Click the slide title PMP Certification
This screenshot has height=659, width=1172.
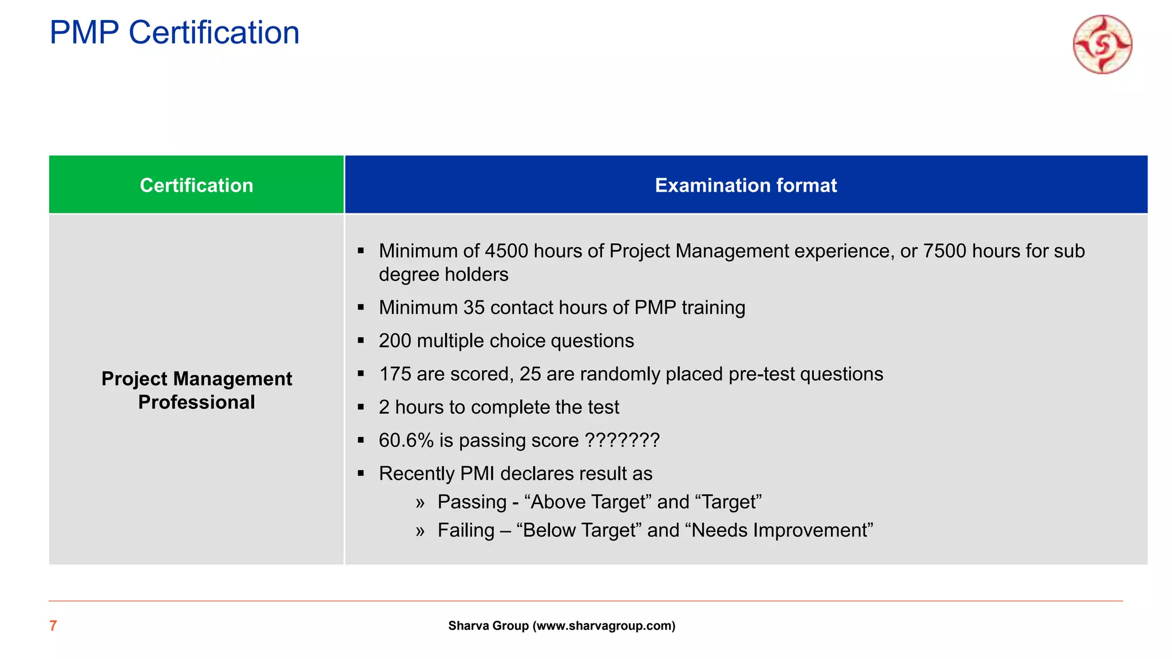(175, 33)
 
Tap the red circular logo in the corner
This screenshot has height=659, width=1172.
(1102, 45)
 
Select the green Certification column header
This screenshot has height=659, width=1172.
(196, 185)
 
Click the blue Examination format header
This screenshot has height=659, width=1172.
(746, 185)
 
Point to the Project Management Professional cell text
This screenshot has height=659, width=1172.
(196, 390)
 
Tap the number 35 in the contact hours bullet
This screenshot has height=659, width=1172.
(474, 308)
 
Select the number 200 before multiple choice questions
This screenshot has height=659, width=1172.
(395, 341)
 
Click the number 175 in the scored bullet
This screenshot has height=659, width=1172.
(395, 374)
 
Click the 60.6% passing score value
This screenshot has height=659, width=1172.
(406, 440)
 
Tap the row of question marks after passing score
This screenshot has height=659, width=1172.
(622, 440)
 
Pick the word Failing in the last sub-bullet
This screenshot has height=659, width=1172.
(466, 530)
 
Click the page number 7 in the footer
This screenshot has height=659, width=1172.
(53, 626)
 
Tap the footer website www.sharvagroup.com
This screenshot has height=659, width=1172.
(604, 626)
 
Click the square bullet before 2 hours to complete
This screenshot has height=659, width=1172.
(361, 407)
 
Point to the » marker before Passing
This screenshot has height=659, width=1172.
(421, 503)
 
